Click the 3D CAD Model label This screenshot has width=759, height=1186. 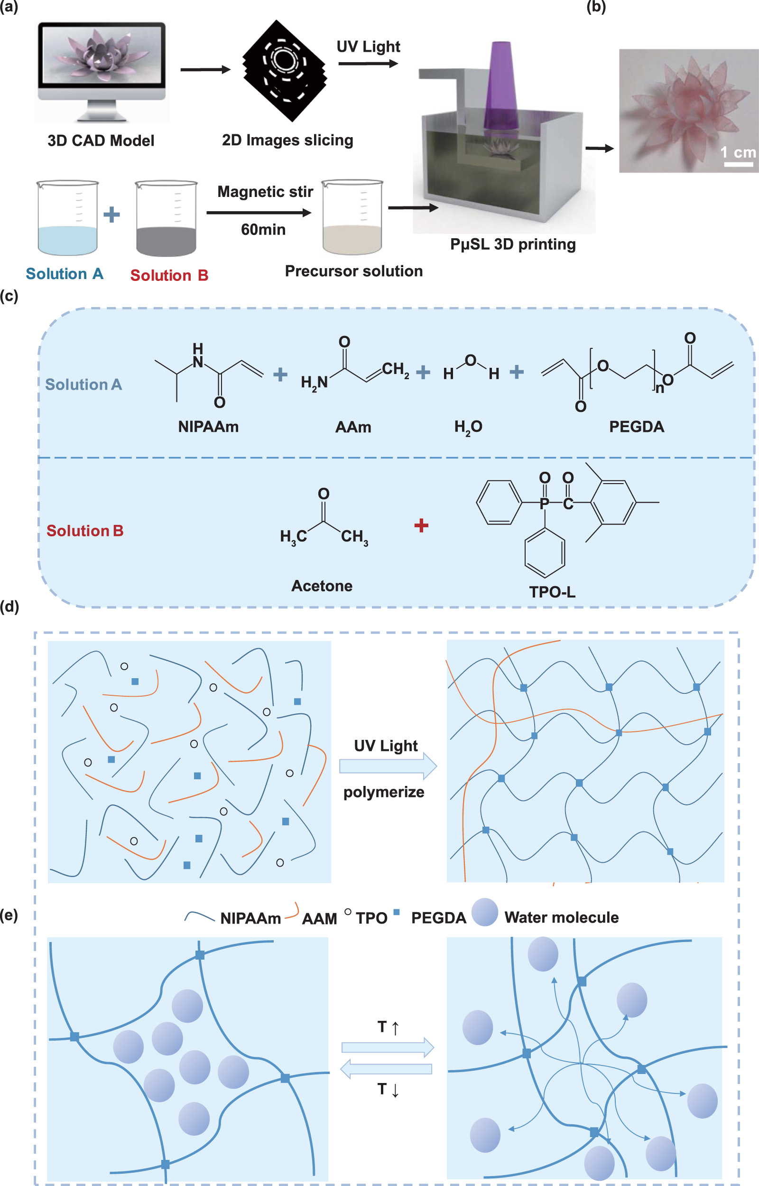[101, 141]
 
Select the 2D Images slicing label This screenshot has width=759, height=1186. [287, 140]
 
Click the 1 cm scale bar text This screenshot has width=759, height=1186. [738, 152]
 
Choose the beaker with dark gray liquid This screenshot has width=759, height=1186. [166, 219]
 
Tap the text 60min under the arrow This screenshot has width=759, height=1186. [263, 230]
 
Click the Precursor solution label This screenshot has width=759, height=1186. [353, 271]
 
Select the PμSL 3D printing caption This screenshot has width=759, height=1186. [513, 244]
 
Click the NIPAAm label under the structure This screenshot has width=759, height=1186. [208, 427]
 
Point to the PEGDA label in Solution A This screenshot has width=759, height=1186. [636, 427]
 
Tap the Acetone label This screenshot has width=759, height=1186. [322, 586]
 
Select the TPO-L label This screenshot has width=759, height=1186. [552, 592]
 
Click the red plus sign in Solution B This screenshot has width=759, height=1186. [421, 525]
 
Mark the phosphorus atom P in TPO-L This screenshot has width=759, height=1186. [544, 503]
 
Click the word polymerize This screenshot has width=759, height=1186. [383, 792]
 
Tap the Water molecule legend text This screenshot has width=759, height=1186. [561, 917]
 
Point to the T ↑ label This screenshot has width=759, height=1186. [388, 1027]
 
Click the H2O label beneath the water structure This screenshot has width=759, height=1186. [468, 427]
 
